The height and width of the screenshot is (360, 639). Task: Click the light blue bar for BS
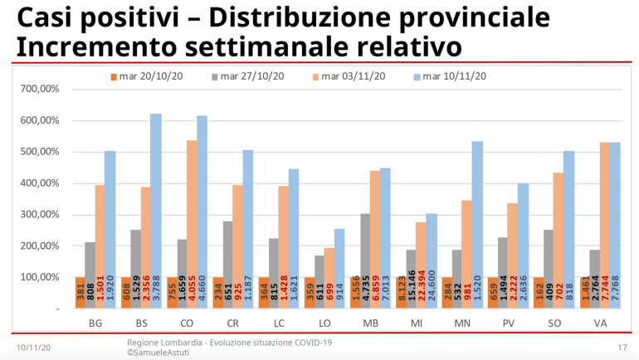point(156,211)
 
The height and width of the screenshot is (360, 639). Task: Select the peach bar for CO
point(192,224)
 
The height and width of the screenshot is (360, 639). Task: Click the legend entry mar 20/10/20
point(147,77)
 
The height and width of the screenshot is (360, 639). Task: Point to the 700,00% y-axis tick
point(40,89)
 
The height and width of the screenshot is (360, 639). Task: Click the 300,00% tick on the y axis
point(40,215)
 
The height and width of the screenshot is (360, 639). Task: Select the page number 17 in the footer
point(622,346)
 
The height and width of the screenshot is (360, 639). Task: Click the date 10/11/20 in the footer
point(34,346)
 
